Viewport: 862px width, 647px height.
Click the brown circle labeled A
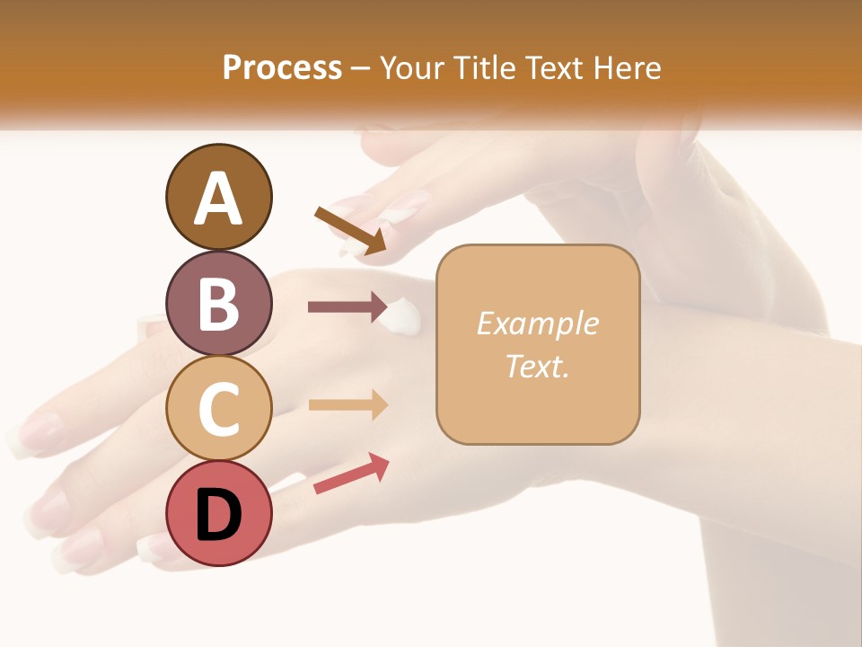tap(218, 197)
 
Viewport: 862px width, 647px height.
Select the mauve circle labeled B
tap(218, 303)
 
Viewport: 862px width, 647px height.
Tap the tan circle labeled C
tap(218, 408)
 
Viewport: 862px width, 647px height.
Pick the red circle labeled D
tap(218, 513)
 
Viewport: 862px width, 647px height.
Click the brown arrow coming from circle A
tap(350, 230)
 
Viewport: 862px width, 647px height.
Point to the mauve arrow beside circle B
tap(347, 307)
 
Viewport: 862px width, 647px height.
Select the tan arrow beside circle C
tap(347, 404)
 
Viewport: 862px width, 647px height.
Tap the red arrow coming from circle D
tap(351, 473)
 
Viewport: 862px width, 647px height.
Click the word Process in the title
tap(282, 68)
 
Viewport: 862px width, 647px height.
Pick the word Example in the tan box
tap(537, 323)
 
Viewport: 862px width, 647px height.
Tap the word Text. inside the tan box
tap(537, 366)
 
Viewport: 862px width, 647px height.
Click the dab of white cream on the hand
tap(400, 315)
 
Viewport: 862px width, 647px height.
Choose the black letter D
tap(218, 515)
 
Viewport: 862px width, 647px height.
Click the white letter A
tap(218, 199)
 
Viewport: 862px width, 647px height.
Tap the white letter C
tap(218, 409)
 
